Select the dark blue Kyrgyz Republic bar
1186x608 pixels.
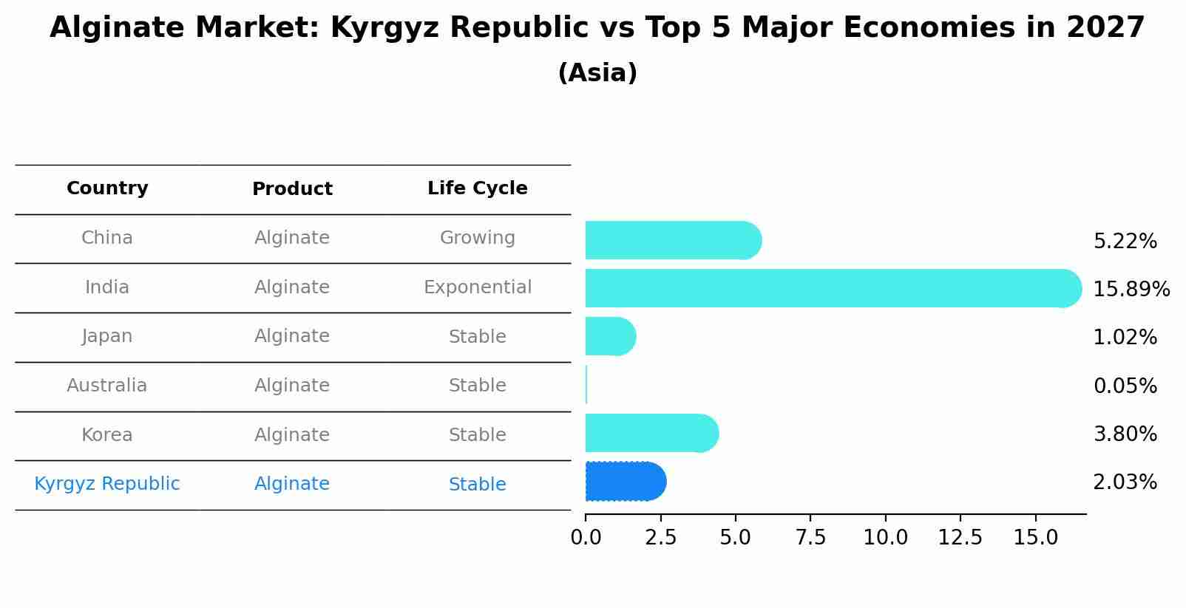coord(625,482)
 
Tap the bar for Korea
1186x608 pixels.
coord(651,433)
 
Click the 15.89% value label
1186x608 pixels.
coord(1131,289)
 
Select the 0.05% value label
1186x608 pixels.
coord(1125,386)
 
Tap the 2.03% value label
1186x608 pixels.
coord(1125,482)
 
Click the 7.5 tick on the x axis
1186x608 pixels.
coord(810,538)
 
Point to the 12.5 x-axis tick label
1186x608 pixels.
coord(960,538)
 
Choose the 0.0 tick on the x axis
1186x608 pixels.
coord(586,538)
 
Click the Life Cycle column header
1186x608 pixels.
coord(477,188)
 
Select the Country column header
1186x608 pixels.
coord(107,188)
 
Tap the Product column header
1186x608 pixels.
coord(292,189)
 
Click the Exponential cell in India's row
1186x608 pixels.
coord(477,287)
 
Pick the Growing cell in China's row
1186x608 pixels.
coord(477,238)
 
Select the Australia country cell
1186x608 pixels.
coord(107,386)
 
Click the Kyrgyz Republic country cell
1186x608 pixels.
coord(107,484)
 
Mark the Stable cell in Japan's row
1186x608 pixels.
coord(477,337)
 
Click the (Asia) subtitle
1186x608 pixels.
coord(597,73)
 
